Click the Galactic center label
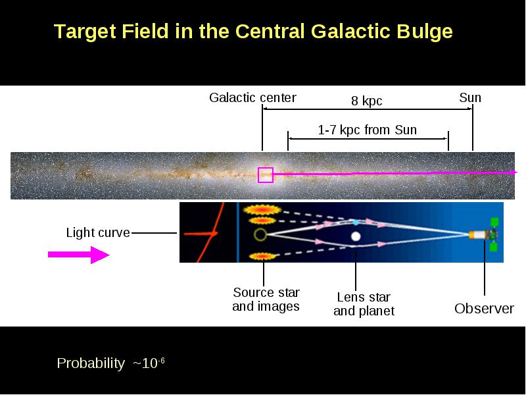tap(252, 97)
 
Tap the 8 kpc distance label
tap(367, 101)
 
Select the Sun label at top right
tap(470, 97)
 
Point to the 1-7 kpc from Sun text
tap(368, 130)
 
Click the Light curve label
tap(98, 232)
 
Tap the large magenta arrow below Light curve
tap(78, 255)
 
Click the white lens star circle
tap(356, 236)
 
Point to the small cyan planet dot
tap(355, 223)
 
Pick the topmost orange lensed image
tap(262, 209)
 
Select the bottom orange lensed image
tap(262, 257)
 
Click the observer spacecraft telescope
tap(483, 235)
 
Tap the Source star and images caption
tap(266, 300)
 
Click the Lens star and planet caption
tap(364, 304)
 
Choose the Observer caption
tap(484, 308)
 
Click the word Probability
tap(91, 363)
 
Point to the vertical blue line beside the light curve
tap(238, 232)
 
